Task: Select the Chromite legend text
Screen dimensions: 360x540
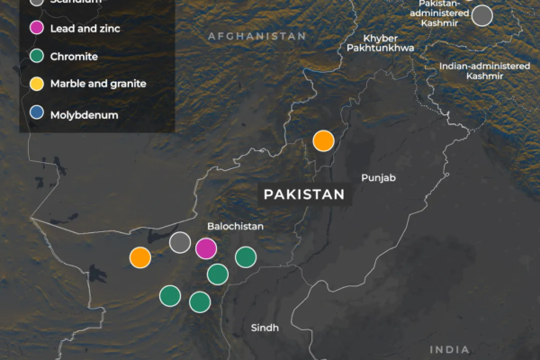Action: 75,56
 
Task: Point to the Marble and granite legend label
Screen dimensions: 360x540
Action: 99,84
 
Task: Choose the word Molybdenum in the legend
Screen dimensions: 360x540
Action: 85,114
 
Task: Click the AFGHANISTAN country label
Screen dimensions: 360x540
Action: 256,36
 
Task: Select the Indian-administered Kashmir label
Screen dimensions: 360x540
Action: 478,71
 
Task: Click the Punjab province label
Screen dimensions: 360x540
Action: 378,178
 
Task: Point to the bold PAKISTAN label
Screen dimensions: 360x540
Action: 303,194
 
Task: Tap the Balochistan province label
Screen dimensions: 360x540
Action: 236,227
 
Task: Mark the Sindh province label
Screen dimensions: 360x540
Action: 265,328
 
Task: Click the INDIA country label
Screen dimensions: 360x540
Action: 450,349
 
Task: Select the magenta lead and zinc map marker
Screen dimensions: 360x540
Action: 206,248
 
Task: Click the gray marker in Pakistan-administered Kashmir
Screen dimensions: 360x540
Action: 483,15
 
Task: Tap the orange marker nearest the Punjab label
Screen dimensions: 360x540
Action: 323,140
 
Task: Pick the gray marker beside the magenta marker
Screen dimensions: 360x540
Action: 180,241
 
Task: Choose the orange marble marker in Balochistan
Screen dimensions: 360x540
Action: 139,257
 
